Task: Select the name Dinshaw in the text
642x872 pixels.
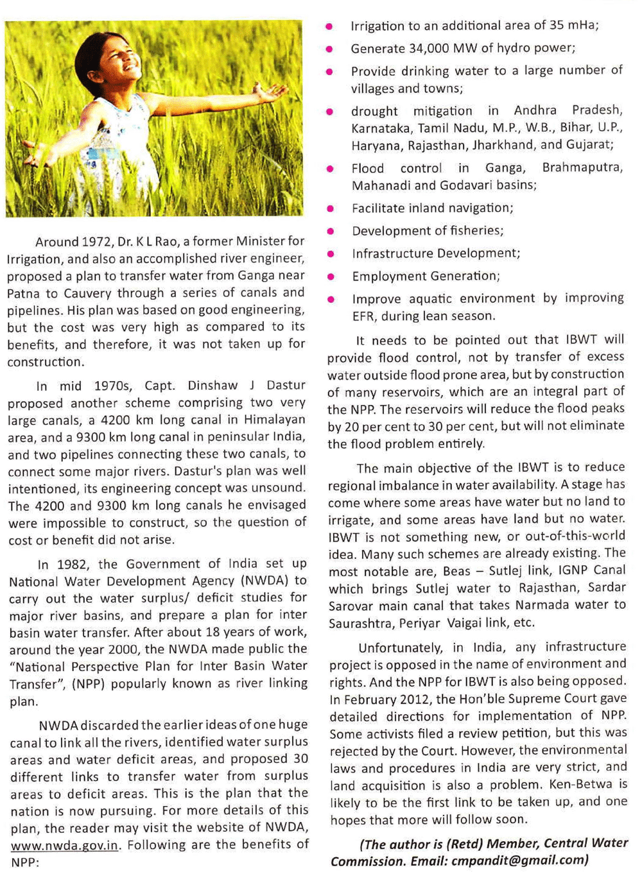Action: [x=213, y=386]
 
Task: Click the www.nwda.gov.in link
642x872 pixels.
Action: [x=64, y=845]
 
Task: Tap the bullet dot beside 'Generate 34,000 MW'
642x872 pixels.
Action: [x=329, y=49]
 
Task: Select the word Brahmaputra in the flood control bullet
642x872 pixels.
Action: [x=582, y=167]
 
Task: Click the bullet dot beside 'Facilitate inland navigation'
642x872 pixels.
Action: [x=330, y=209]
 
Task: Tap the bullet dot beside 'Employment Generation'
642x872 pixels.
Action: [x=331, y=277]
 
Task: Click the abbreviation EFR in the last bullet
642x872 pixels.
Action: [x=363, y=316]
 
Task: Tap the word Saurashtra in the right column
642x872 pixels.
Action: [x=359, y=623]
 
